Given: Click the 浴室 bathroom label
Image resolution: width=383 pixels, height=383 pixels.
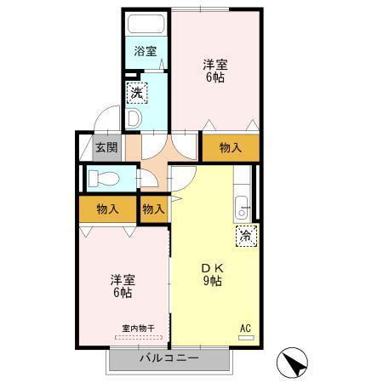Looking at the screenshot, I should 146,51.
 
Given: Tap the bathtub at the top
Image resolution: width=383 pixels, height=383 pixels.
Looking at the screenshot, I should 147,21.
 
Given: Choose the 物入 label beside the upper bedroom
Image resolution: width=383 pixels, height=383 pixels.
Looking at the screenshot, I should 231,146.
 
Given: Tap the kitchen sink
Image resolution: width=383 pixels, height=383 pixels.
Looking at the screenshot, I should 242,206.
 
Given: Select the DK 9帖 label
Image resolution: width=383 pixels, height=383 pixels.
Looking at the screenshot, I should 211,273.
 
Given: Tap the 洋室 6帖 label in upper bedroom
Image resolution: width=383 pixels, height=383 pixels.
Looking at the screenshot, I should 215,70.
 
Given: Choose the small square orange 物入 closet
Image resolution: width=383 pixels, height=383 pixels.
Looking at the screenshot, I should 153,209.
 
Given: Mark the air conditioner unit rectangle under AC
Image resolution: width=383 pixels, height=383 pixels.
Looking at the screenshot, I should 246,338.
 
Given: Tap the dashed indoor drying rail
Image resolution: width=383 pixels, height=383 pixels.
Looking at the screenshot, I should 137,337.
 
